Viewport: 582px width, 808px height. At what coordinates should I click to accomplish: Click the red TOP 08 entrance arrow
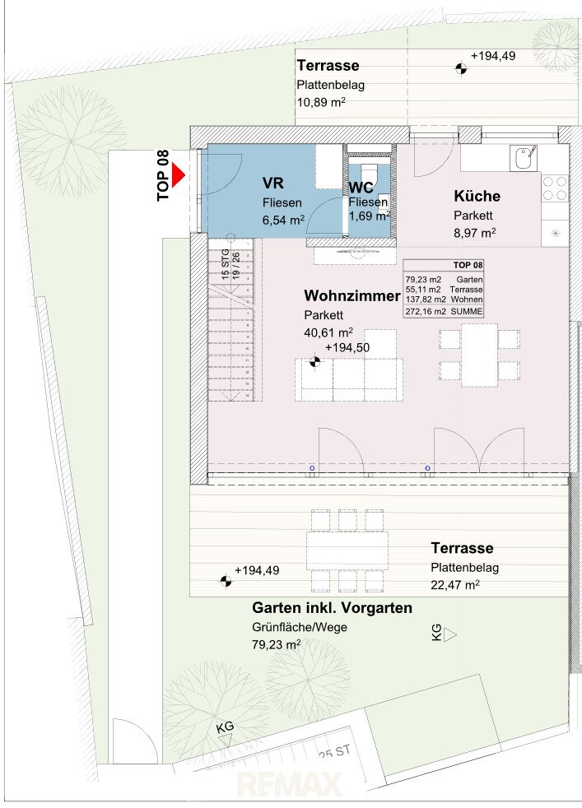178,175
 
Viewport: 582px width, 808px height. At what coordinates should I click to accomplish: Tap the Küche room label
477,197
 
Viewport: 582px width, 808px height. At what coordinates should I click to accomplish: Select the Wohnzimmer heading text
352,295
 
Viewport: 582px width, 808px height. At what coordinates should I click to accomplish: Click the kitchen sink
524,158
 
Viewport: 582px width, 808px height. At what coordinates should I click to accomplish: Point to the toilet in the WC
369,172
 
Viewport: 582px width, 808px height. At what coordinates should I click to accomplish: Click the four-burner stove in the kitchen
555,188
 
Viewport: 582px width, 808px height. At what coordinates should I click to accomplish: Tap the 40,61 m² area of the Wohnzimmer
328,332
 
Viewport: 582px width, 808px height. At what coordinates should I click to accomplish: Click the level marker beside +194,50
314,362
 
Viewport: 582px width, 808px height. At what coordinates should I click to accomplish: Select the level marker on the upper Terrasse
461,68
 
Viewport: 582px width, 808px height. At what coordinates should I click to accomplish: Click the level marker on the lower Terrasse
226,581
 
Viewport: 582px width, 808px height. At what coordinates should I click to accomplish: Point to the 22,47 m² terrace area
456,585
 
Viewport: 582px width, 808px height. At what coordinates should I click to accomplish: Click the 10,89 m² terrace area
321,101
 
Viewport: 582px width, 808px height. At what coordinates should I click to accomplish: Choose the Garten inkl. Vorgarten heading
332,608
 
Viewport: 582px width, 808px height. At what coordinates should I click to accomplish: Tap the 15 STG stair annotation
226,265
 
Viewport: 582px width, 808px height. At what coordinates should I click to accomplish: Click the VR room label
272,183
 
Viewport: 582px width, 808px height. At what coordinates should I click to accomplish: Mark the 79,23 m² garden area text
277,644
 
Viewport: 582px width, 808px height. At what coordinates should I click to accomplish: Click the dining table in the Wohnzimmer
479,355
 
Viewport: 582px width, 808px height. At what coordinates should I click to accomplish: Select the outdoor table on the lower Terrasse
347,550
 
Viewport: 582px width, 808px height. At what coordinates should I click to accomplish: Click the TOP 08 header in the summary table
468,266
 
